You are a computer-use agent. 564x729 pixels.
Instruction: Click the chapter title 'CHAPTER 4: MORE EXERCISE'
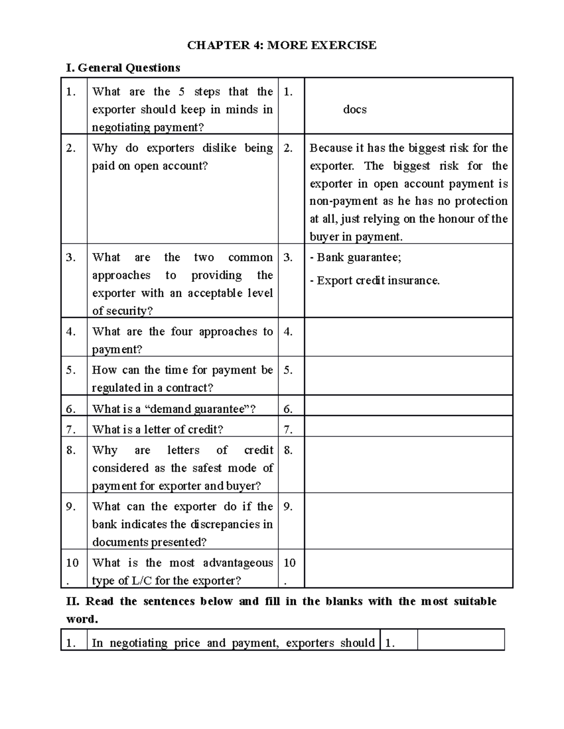(x=282, y=45)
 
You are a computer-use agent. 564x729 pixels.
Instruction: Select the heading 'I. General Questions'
(x=123, y=68)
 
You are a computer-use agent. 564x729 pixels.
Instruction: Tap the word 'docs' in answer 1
(x=354, y=110)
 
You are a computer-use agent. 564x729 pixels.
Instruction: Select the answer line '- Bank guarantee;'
(x=355, y=257)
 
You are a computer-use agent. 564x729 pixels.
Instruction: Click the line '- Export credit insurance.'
(x=375, y=281)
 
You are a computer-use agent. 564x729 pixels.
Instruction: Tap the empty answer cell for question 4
(x=408, y=337)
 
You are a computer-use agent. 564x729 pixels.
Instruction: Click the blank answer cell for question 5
(x=408, y=376)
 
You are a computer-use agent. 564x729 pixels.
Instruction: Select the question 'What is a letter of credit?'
(x=157, y=430)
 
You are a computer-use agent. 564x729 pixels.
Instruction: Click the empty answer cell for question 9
(x=408, y=521)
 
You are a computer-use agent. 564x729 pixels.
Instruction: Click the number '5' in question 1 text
(x=181, y=92)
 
